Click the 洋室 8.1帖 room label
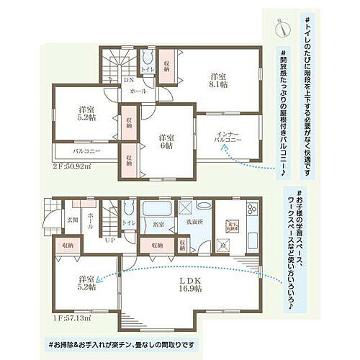click(x=220, y=79)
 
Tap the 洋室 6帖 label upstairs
click(x=166, y=141)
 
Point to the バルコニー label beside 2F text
click(x=86, y=153)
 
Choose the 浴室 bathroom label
click(x=158, y=225)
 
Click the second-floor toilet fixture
click(x=148, y=57)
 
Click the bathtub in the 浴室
click(x=156, y=211)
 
